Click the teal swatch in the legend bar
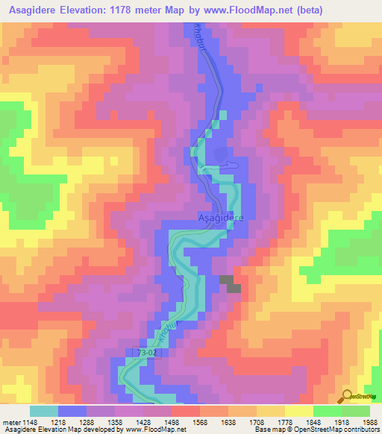(43, 410)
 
